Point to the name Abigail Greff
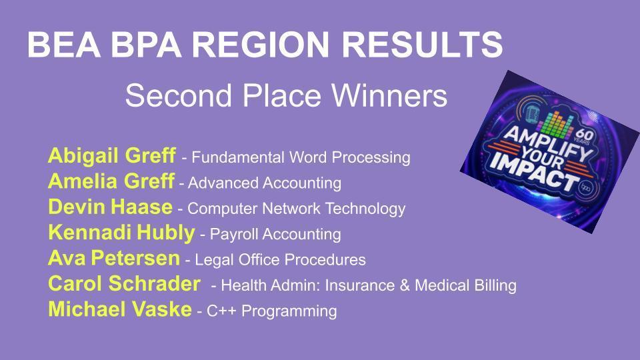[111, 157]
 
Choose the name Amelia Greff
[111, 182]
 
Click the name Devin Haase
[110, 207]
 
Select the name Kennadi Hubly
[121, 233]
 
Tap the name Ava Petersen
[113, 259]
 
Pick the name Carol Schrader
[123, 285]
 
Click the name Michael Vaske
[119, 310]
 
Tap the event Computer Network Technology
[296, 209]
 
